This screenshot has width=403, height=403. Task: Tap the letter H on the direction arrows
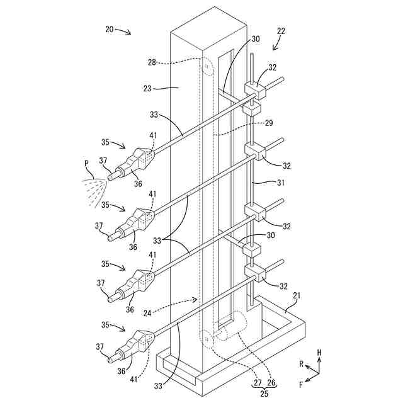point(319,353)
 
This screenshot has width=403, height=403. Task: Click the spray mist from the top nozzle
point(91,188)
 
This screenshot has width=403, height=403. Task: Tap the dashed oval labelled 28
point(206,65)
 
